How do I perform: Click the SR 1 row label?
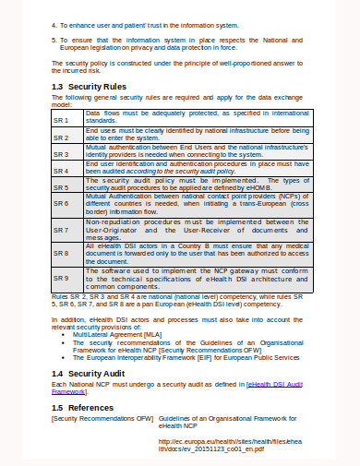click(x=62, y=121)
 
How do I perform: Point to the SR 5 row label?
click(x=62, y=187)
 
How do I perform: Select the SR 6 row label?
click(x=62, y=207)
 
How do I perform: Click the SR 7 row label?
click(x=62, y=229)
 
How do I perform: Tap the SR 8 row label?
click(x=62, y=252)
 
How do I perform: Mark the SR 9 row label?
click(x=62, y=277)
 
